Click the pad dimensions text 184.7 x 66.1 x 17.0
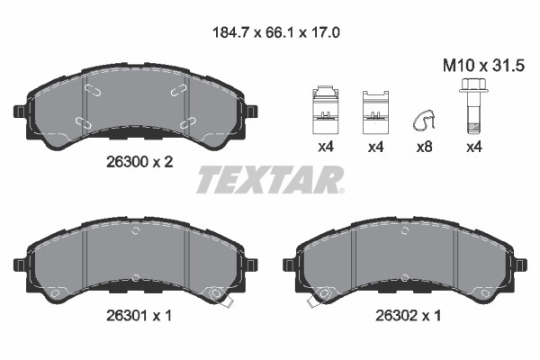[276, 32]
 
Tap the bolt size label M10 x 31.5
[483, 66]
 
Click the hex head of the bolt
[472, 85]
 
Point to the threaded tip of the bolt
[472, 128]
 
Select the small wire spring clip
[423, 121]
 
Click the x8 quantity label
[424, 147]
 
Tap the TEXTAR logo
[271, 179]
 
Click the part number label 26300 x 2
[139, 162]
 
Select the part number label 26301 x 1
[139, 315]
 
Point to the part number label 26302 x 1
[408, 315]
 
